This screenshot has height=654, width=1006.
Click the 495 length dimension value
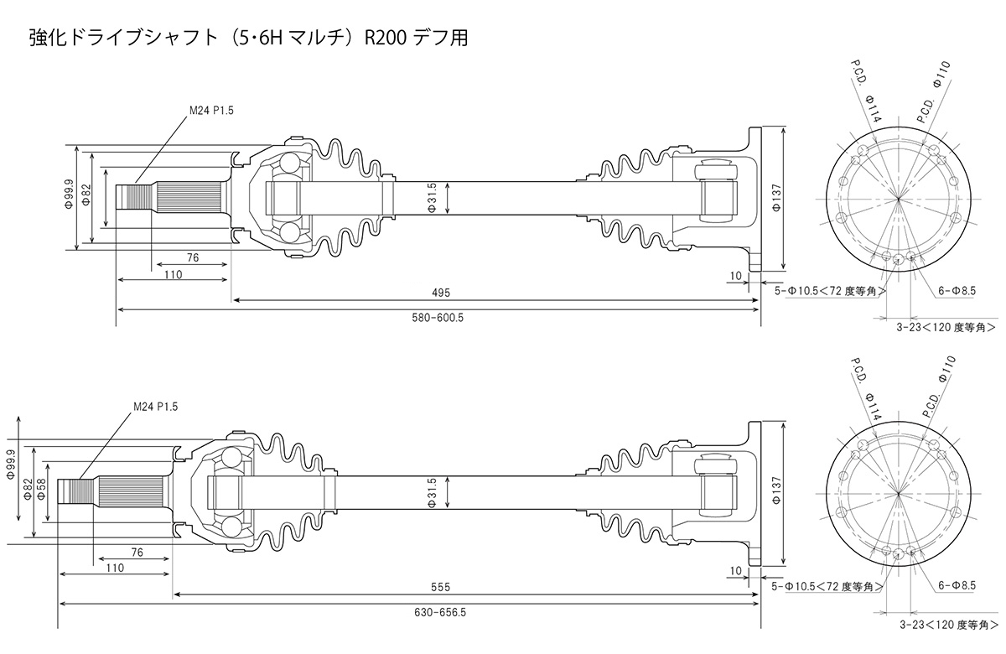point(442,293)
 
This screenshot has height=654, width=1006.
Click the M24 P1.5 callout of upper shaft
point(209,108)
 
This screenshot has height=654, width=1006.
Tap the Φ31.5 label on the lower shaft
point(433,492)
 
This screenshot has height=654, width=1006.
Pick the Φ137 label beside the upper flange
point(776,198)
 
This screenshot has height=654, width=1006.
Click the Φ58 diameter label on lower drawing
point(41,493)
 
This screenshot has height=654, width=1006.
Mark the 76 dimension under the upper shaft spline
point(193,258)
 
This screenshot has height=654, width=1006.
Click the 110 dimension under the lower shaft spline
point(116,568)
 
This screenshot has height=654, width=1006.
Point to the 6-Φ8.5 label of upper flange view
point(957,290)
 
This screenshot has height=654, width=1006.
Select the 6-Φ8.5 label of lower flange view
point(957,585)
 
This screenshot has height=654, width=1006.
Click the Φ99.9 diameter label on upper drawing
point(68,198)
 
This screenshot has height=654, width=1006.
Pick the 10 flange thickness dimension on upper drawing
point(735,276)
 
